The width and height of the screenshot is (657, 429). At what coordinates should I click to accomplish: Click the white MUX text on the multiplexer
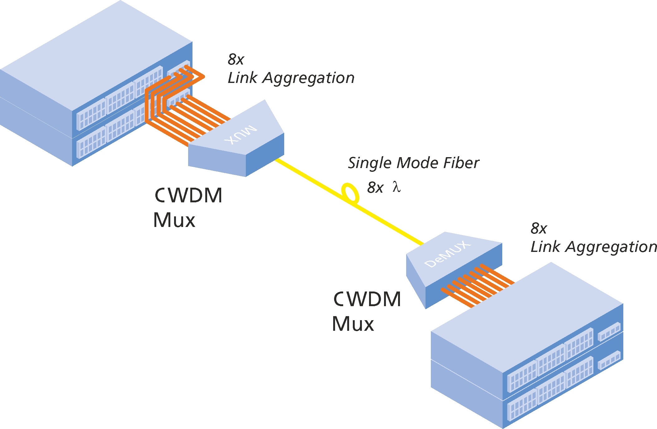click(x=241, y=134)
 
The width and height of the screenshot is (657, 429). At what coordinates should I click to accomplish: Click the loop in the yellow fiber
click(x=350, y=193)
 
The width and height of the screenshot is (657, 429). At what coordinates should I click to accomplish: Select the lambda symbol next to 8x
click(x=397, y=187)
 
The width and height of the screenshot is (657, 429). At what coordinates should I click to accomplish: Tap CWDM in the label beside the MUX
click(x=188, y=195)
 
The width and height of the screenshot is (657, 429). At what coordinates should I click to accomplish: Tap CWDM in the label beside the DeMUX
click(x=367, y=299)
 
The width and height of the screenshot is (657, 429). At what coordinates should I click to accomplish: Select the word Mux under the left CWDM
click(x=174, y=220)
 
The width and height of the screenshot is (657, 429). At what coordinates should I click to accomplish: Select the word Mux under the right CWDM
click(x=353, y=324)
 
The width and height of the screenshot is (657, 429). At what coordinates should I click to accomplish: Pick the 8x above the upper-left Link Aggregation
click(x=236, y=59)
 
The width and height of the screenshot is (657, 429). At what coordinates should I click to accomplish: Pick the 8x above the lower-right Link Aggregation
click(x=539, y=229)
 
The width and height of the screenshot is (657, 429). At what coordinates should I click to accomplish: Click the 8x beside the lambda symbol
click(x=375, y=187)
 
